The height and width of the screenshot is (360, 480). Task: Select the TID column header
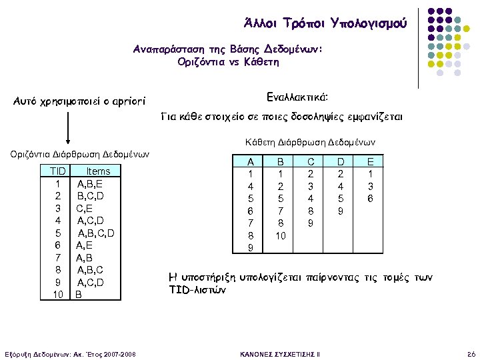pyautogui.click(x=58, y=171)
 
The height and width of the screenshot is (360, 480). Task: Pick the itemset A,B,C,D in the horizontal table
pyautogui.click(x=97, y=233)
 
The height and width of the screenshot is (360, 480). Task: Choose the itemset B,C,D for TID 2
pyautogui.click(x=90, y=196)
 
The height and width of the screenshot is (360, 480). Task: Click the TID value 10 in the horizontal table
pyautogui.click(x=58, y=294)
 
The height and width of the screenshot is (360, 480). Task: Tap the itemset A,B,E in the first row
pyautogui.click(x=90, y=184)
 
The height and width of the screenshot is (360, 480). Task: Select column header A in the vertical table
pyautogui.click(x=251, y=162)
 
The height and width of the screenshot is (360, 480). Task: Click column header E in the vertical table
pyautogui.click(x=371, y=162)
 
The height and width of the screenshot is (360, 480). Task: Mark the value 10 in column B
pyautogui.click(x=281, y=236)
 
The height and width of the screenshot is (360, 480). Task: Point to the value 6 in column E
pyautogui.click(x=371, y=199)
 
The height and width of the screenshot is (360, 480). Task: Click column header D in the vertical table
pyautogui.click(x=341, y=162)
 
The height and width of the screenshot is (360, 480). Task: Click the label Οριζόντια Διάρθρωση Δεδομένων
pyautogui.click(x=80, y=155)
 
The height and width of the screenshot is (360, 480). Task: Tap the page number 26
pyautogui.click(x=471, y=352)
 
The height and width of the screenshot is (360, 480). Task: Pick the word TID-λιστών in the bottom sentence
pyautogui.click(x=199, y=291)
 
